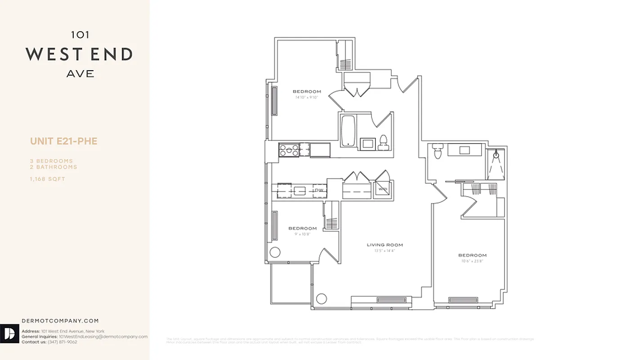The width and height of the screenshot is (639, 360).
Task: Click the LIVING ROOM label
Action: (x=384, y=245)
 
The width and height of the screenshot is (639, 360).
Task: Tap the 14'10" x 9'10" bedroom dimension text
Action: (x=307, y=97)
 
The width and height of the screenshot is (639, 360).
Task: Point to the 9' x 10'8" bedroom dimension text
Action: (x=302, y=234)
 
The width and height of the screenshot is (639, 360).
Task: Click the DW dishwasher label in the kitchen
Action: (x=319, y=190)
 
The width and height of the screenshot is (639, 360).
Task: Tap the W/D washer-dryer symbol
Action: (x=383, y=189)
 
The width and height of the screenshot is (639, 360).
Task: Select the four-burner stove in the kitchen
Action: (x=289, y=149)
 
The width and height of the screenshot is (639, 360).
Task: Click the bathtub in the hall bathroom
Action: (x=349, y=131)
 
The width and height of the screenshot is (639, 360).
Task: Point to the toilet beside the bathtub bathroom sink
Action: (x=384, y=142)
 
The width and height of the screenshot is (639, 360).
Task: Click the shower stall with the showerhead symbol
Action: (x=496, y=164)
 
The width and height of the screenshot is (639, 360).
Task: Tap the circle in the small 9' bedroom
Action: (x=275, y=252)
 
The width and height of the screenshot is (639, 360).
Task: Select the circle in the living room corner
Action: (x=321, y=298)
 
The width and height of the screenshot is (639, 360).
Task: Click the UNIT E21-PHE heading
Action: (x=64, y=141)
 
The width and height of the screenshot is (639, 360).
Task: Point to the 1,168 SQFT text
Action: (x=48, y=179)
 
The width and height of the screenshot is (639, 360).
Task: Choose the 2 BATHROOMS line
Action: (x=54, y=167)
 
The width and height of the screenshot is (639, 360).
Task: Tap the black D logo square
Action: (x=10, y=333)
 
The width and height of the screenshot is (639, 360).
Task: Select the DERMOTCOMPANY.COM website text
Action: (x=60, y=321)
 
